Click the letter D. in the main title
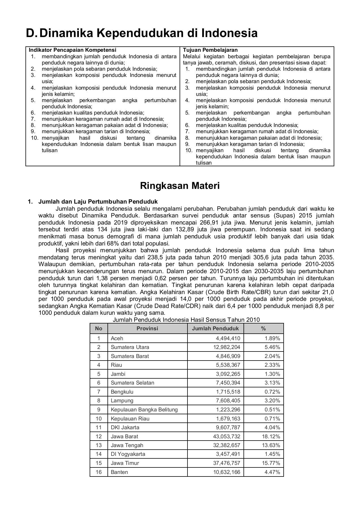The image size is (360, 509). pyautogui.click(x=31, y=33)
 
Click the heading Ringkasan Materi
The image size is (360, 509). pyautogui.click(x=180, y=186)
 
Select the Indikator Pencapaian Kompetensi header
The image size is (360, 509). pyautogui.click(x=73, y=50)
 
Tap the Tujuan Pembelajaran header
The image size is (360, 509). pyautogui.click(x=210, y=50)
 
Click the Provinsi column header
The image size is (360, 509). pyautogui.click(x=147, y=328)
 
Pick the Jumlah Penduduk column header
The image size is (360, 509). pyautogui.click(x=215, y=328)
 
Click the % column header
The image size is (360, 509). pyautogui.click(x=263, y=328)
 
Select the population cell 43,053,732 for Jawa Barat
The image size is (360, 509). pyautogui.click(x=227, y=436)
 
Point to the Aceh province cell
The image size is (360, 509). pyautogui.click(x=117, y=338)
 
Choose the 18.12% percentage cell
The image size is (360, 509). pyautogui.click(x=271, y=436)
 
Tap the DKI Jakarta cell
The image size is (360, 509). pyautogui.click(x=125, y=427)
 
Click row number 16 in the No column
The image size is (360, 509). pyautogui.click(x=98, y=472)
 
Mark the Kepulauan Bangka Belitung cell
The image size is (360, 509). pyautogui.click(x=144, y=409)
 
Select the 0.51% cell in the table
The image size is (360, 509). pyautogui.click(x=272, y=409)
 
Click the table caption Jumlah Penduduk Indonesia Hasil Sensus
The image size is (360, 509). pyautogui.click(x=186, y=320)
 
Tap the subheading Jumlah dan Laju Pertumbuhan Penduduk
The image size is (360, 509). pyautogui.click(x=98, y=202)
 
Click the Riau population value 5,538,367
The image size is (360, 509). pyautogui.click(x=228, y=365)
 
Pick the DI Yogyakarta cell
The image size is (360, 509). pyautogui.click(x=128, y=454)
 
